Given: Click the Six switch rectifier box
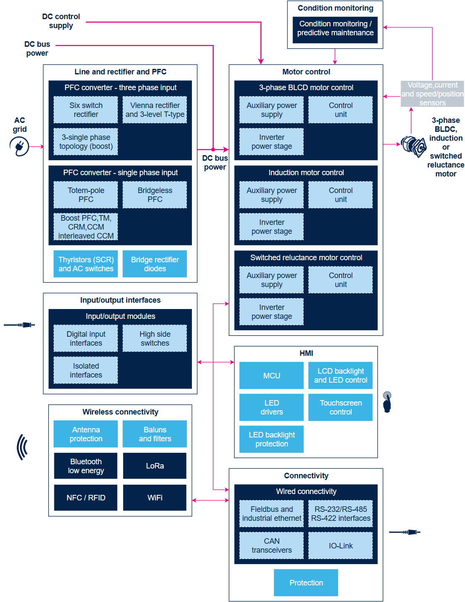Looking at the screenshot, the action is click(x=85, y=110).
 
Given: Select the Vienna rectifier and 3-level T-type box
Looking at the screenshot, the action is click(x=154, y=110).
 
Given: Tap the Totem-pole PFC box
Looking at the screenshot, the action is click(x=85, y=194).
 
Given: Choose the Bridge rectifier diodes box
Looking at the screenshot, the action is click(x=154, y=264).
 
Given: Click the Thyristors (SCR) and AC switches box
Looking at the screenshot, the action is click(x=85, y=264).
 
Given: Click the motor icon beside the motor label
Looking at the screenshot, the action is click(x=413, y=146).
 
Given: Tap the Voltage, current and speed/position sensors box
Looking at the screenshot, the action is click(x=432, y=94).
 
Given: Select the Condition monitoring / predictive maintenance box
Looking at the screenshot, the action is click(x=335, y=30).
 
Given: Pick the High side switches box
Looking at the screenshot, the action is click(x=154, y=338).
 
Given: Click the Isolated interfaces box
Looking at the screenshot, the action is click(x=85, y=370).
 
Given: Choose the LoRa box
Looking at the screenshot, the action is click(x=154, y=466).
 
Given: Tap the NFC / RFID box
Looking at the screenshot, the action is click(x=85, y=497).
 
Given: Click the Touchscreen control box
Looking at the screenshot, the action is click(x=340, y=407).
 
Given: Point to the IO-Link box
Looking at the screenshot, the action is click(x=340, y=545).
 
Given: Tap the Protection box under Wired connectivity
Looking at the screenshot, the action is click(x=306, y=582).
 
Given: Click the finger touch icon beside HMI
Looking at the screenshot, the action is click(x=387, y=402).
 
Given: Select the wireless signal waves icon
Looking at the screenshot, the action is click(x=22, y=446).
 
